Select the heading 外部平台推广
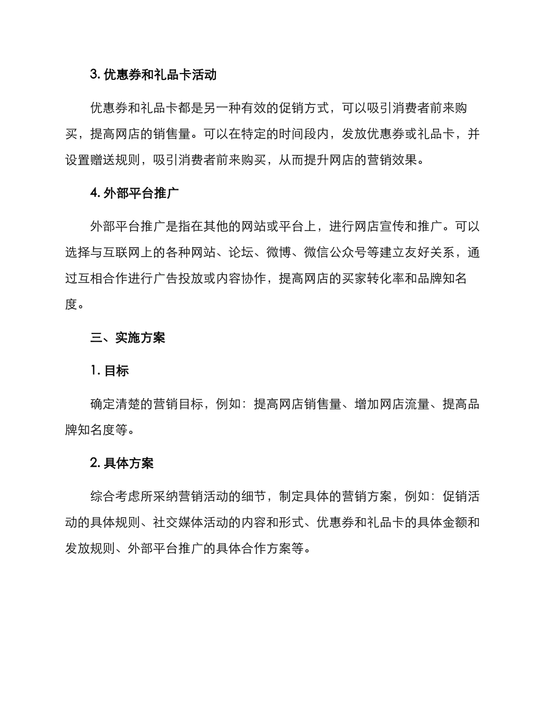click(141, 193)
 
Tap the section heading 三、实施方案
click(128, 338)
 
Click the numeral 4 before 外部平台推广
click(94, 193)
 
